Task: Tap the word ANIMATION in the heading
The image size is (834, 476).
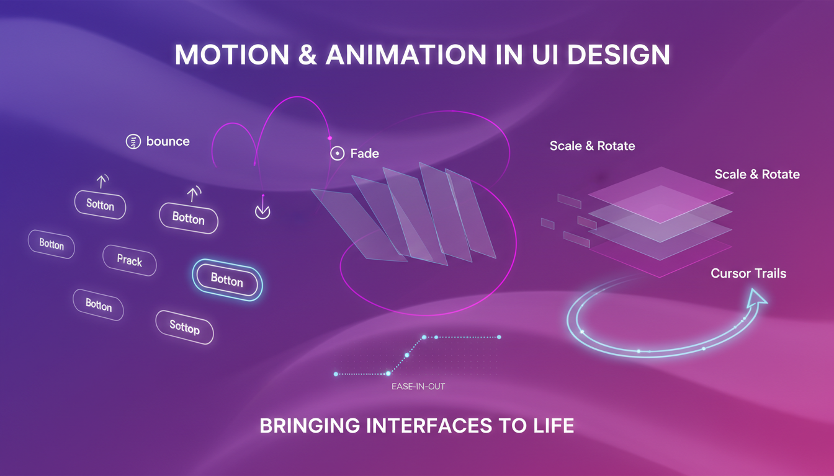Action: [x=402, y=55]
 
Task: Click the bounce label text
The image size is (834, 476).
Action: [x=168, y=141]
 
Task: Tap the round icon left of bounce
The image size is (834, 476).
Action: [x=133, y=141]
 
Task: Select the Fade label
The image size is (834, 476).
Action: [x=364, y=153]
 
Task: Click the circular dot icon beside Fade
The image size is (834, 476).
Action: [x=337, y=154]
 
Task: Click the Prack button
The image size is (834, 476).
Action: [x=129, y=260]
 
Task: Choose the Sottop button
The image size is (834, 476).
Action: [x=184, y=327]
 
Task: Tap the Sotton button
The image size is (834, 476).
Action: [x=100, y=205]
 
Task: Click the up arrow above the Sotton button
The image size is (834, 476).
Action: [x=100, y=181]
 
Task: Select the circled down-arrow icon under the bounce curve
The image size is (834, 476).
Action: [x=262, y=211]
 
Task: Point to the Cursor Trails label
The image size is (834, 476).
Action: [x=748, y=273]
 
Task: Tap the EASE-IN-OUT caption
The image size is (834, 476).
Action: [x=418, y=387]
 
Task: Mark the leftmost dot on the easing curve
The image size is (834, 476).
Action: [x=336, y=374]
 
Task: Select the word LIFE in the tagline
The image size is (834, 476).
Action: [x=550, y=426]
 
